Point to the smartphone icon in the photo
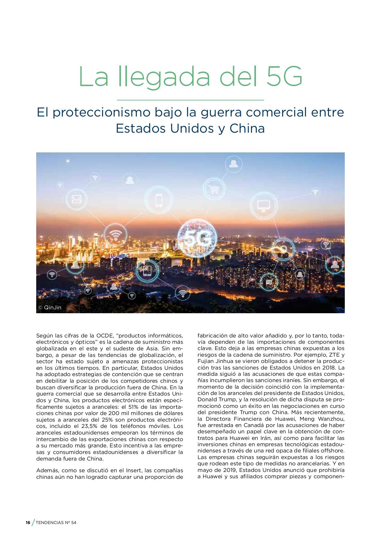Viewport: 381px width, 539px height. pos(159,200)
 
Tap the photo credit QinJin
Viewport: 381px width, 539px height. pos(50,308)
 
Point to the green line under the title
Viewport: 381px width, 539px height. pos(190,100)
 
